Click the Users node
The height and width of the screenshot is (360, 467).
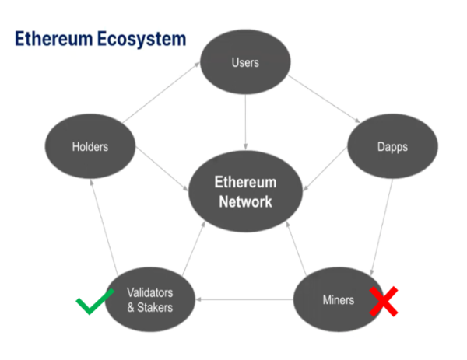[x=246, y=62]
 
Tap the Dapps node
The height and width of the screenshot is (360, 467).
[x=387, y=145]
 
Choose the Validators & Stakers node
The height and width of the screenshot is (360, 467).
[x=149, y=299]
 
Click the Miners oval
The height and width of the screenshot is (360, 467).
[x=338, y=299]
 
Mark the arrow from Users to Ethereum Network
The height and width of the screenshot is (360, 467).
[x=246, y=121]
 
